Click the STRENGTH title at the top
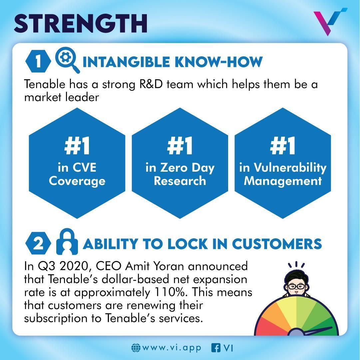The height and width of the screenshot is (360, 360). pos(81,23)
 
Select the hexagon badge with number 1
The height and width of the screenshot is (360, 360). pos(38,61)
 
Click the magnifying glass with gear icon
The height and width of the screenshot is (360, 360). pos(67,60)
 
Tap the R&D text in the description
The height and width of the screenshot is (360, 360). pos(151,84)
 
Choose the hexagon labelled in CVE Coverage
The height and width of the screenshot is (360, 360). pos(77,163)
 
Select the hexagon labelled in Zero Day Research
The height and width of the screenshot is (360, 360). pos(180,163)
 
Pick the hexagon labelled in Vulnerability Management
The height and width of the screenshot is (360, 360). pos(283,163)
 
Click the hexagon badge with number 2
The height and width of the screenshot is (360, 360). pos(38,243)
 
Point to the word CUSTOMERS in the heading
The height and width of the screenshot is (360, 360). pos(277,244)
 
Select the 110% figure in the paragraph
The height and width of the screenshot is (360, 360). pos(170,292)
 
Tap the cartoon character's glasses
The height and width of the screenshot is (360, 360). pos(296,286)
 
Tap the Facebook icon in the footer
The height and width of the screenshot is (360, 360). pos(216,348)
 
